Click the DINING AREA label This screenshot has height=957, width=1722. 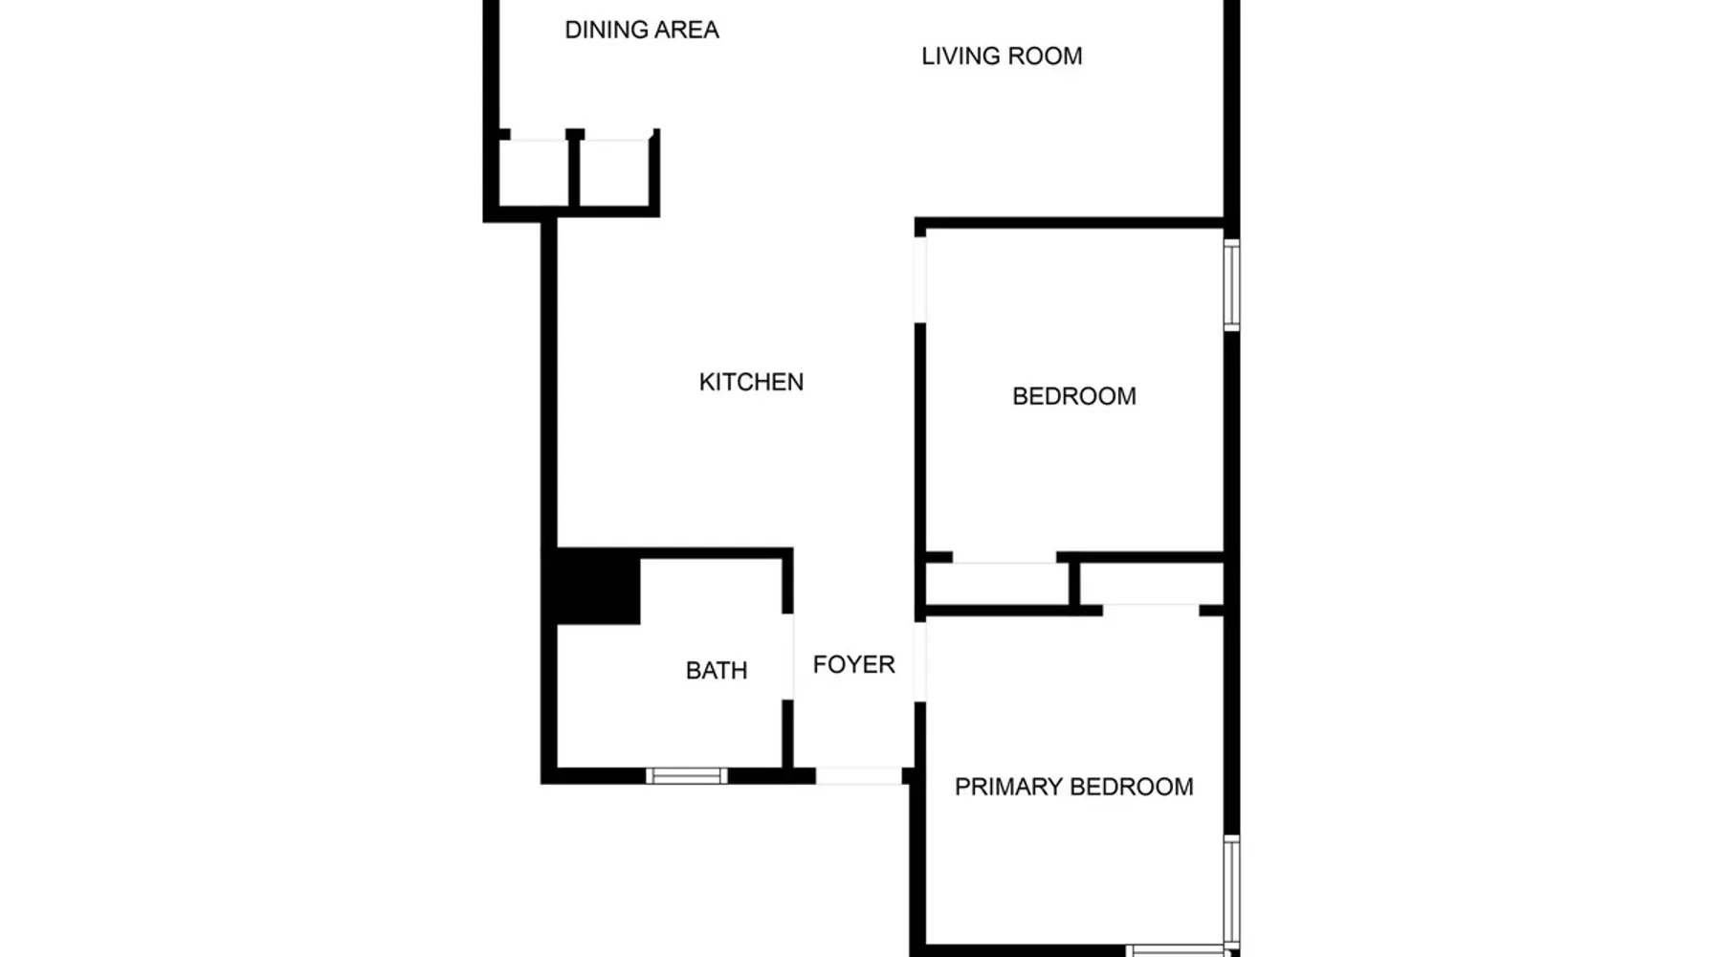tap(642, 31)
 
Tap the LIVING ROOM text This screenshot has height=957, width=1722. tap(1002, 56)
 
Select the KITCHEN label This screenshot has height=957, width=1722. tap(751, 382)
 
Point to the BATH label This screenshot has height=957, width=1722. tap(717, 671)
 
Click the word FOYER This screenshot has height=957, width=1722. tap(854, 664)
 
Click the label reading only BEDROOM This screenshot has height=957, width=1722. tap(1074, 396)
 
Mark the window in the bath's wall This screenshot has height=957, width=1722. tap(686, 776)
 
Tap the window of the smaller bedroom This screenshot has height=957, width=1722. tap(1232, 285)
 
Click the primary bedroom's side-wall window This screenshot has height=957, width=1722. tap(1232, 892)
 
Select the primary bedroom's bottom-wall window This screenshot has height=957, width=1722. tap(1176, 951)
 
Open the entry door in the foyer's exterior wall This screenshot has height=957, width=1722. tap(859, 776)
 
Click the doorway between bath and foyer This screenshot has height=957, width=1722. tap(788, 657)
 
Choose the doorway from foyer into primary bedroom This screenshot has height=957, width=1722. tap(920, 661)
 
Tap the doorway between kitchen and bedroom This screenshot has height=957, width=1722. tap(920, 279)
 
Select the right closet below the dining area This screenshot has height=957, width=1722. tap(615, 172)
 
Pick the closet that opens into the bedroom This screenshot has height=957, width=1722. tap(997, 584)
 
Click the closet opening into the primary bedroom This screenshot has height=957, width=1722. tap(1152, 584)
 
